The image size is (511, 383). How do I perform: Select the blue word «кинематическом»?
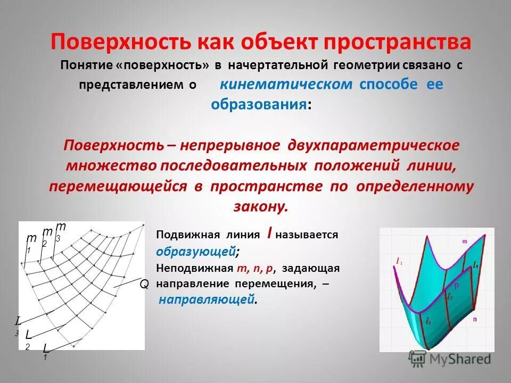(286, 85)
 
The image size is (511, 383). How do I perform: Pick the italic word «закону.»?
(260, 206)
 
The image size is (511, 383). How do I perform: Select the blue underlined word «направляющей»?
(207, 300)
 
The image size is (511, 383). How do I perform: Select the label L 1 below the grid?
(46, 351)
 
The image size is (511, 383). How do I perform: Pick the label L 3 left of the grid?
(18, 325)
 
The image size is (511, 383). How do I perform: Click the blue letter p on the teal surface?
(456, 285)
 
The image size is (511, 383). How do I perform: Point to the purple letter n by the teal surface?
(475, 319)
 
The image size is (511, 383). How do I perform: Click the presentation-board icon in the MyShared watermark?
(417, 359)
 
